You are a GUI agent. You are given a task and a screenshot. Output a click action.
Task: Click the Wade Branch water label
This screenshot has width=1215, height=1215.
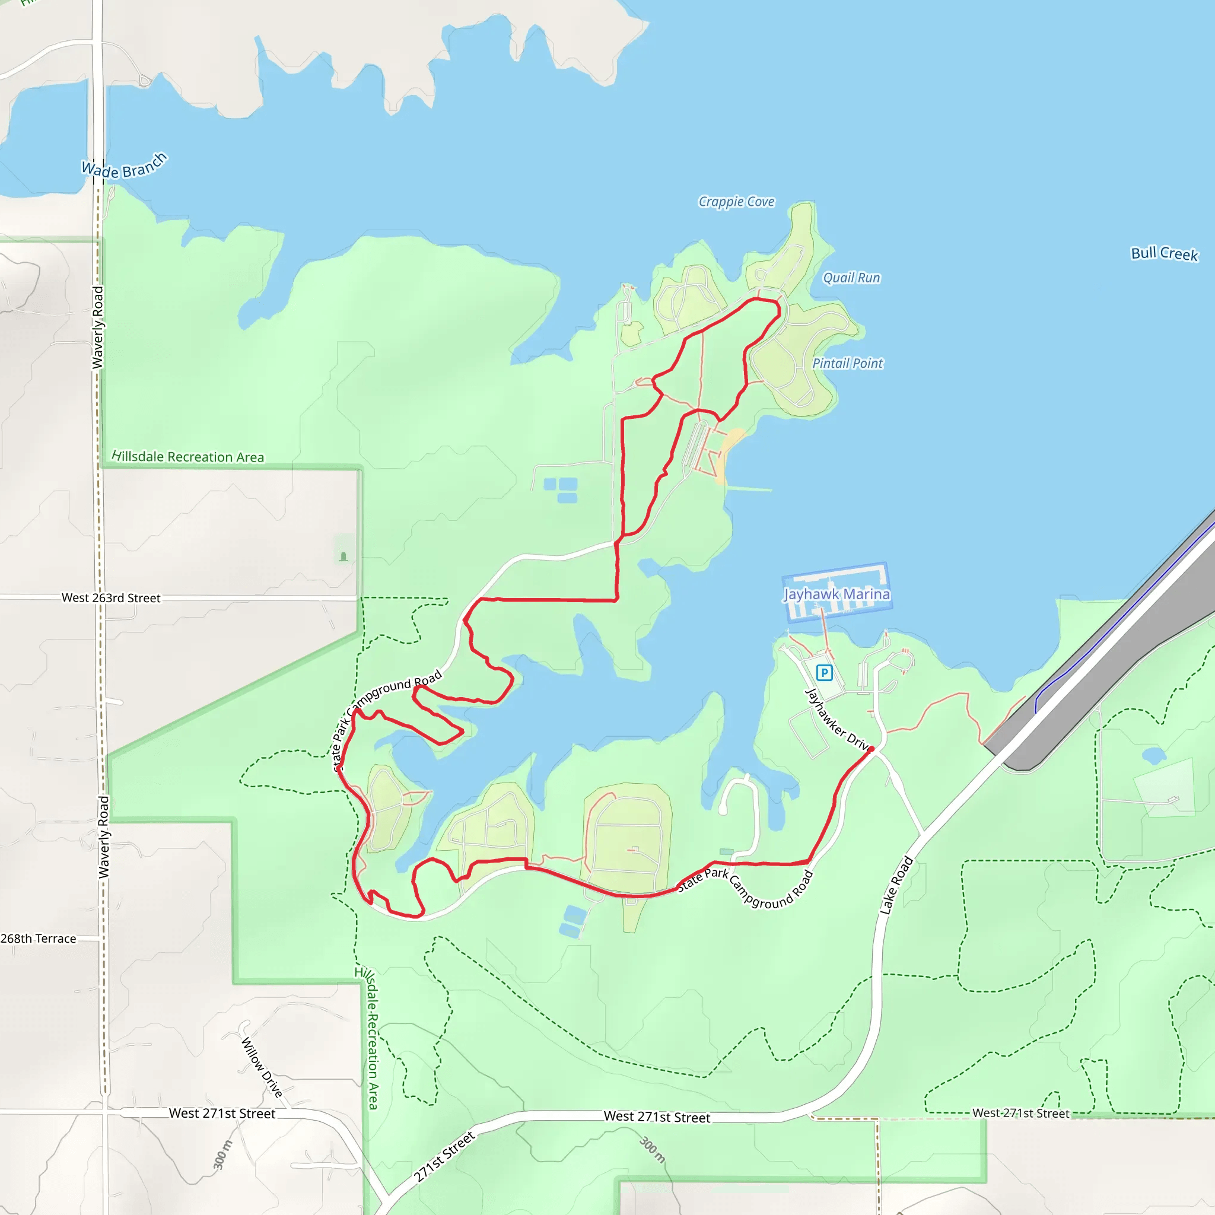(x=125, y=166)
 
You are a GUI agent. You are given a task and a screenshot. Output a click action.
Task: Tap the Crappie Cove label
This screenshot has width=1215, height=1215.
(x=736, y=202)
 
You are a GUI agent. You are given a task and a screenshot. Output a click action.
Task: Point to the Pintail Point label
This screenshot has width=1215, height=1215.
(x=847, y=364)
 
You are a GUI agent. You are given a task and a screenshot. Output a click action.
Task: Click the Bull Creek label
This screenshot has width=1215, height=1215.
(x=1164, y=253)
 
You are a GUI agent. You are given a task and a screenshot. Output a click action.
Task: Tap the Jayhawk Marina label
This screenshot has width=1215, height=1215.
(x=836, y=594)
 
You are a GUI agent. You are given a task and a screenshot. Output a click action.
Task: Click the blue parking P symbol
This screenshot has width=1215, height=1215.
(x=824, y=673)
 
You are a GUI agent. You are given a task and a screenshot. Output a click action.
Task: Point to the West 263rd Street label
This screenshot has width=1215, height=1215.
(x=111, y=598)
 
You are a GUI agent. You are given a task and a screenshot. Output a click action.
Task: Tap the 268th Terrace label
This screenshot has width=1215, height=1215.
(x=39, y=939)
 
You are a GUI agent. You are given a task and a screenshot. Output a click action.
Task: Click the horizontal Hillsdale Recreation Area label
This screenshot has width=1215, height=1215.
(x=187, y=457)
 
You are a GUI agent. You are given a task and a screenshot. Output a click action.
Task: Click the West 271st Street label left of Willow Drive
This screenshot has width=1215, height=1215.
(x=222, y=1113)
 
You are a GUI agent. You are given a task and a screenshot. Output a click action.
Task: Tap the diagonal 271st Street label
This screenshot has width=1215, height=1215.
(x=444, y=1156)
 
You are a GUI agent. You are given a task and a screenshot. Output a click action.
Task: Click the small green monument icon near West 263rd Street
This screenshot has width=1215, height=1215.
(x=343, y=556)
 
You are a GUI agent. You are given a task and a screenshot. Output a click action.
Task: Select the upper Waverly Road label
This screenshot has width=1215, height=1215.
(x=97, y=327)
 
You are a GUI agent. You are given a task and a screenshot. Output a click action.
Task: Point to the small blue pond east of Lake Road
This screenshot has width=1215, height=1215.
(x=1153, y=755)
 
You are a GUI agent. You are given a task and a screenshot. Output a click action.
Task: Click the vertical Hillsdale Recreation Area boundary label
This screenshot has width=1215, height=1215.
(x=371, y=1038)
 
